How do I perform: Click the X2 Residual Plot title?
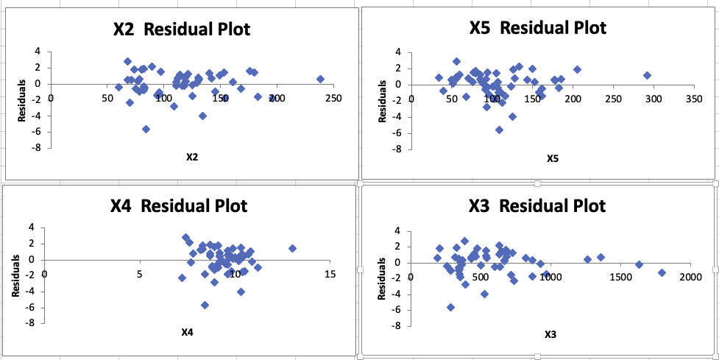pos(181,29)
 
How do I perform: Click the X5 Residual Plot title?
pos(538,28)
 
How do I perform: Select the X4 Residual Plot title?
pos(178,205)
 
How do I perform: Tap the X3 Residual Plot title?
pos(538,205)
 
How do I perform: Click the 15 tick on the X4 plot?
pos(329,274)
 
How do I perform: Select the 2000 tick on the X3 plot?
pos(690,277)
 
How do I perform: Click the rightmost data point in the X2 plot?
pos(320,79)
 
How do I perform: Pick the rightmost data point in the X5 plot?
pos(647,75)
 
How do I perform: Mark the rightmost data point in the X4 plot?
pos(292,248)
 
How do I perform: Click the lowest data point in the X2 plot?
pos(146,129)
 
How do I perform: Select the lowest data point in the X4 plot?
pos(205,305)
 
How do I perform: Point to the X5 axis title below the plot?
pos(552,158)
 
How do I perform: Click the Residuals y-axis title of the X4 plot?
pos(15,280)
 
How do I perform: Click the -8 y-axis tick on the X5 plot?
pos(399,149)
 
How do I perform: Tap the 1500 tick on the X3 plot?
pos(620,277)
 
